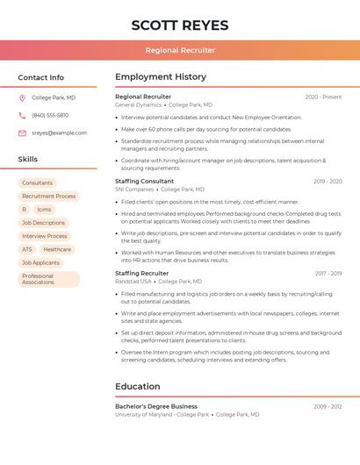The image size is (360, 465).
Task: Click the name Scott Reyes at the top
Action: [x=180, y=25]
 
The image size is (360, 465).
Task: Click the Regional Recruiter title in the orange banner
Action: [x=180, y=50]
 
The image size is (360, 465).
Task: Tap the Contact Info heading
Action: [x=41, y=77]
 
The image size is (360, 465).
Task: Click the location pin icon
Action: [x=23, y=98]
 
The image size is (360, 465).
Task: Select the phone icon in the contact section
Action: [x=23, y=116]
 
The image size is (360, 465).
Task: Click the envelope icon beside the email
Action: [x=23, y=133]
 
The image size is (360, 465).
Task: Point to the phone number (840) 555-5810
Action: [x=50, y=116]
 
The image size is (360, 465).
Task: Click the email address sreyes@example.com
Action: [x=59, y=133]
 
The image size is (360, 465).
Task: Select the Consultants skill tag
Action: [x=38, y=183]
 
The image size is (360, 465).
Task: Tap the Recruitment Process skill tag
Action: [x=49, y=197]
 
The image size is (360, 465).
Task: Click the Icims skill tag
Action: [x=44, y=210]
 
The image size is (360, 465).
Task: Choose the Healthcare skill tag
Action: [x=57, y=249]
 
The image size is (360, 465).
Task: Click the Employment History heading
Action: [x=161, y=77]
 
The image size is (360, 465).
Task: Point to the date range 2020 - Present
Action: [x=323, y=97]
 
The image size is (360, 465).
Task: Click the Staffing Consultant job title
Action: [x=144, y=181]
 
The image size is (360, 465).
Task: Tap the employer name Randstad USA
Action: [x=133, y=282]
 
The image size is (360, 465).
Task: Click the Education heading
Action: [x=138, y=386]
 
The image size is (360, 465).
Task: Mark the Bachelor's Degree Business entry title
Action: [x=156, y=406]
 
